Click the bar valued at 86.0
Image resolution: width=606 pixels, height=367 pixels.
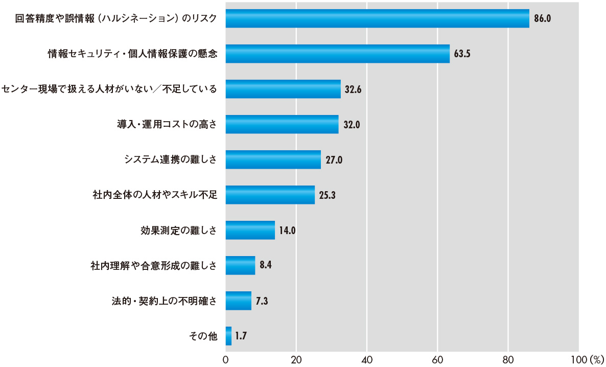tap(377, 18)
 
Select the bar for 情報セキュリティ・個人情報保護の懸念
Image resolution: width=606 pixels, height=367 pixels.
tap(337, 54)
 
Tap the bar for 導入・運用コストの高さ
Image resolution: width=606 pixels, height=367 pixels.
tap(282, 124)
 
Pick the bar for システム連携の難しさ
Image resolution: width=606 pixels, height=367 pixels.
tap(273, 159)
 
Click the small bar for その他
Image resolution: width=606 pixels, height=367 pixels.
tap(228, 336)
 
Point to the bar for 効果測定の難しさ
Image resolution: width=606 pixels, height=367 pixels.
tap(250, 230)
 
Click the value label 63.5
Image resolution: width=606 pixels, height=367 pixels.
tap(462, 54)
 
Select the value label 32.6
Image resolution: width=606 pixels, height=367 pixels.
tap(353, 89)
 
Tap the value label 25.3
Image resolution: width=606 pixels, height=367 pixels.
tap(327, 195)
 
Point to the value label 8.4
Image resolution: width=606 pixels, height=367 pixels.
tap(265, 265)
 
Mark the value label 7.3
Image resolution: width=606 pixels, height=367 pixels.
tap(262, 301)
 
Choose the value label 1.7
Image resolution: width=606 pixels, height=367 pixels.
tap(242, 336)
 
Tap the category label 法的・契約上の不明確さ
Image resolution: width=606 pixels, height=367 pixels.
tap(164, 301)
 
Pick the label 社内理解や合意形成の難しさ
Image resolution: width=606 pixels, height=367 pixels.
tap(153, 265)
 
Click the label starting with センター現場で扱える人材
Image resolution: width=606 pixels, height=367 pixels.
tap(109, 89)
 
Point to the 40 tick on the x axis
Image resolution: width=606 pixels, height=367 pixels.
tap(367, 359)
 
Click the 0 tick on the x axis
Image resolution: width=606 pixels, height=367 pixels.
tap(225, 359)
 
